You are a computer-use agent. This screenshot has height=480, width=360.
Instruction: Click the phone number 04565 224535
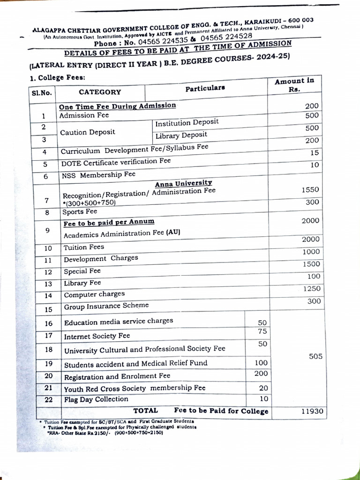click(x=161, y=42)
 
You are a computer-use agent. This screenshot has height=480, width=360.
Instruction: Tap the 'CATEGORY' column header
click(x=99, y=92)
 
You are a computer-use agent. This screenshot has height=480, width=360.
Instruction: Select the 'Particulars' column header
click(x=205, y=88)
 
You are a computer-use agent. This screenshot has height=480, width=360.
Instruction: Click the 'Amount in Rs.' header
click(x=294, y=85)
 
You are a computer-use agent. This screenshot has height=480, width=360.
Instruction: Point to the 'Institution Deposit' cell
click(x=187, y=123)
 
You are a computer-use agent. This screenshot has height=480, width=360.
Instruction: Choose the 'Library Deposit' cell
click(x=181, y=135)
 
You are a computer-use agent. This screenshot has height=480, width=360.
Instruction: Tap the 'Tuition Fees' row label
click(x=84, y=247)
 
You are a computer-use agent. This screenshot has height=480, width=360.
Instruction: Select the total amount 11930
click(x=312, y=411)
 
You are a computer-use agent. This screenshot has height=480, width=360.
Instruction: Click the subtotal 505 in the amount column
click(x=315, y=357)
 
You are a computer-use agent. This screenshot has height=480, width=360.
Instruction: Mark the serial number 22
click(x=48, y=400)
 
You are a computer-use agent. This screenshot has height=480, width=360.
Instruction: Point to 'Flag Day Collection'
click(x=96, y=399)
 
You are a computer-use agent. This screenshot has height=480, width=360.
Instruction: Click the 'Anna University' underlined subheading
click(x=183, y=183)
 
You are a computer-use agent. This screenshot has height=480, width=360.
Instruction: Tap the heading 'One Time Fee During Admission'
click(x=117, y=106)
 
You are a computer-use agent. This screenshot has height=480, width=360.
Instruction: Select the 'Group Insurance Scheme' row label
click(x=106, y=306)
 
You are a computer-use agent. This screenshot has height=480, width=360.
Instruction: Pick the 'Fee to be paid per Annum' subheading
click(x=109, y=222)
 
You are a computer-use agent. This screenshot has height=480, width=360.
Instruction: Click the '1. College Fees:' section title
click(x=57, y=78)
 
